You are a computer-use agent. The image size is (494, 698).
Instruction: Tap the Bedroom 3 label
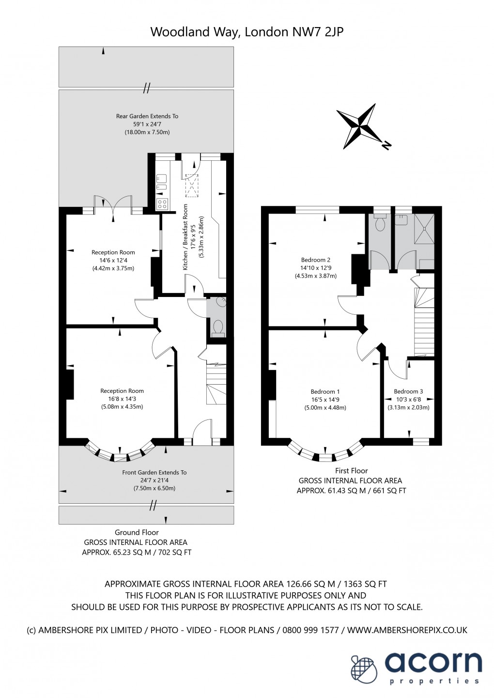[x=408, y=391]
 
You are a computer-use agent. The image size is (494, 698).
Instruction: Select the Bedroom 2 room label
[x=315, y=260]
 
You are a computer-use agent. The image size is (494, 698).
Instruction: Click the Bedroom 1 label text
[x=325, y=392]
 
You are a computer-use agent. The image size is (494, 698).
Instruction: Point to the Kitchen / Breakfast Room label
[x=185, y=237]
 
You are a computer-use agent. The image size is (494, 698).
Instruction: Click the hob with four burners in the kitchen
[x=162, y=204]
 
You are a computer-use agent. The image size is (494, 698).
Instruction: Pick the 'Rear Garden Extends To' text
[x=147, y=116]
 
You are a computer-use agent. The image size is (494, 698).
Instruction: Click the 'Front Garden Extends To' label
[x=154, y=472]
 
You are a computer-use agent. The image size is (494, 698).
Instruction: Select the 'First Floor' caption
[x=351, y=470]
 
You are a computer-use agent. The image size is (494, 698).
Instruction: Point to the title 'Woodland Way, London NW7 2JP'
[x=247, y=32]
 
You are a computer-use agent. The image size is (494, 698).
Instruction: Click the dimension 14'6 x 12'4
[x=113, y=260]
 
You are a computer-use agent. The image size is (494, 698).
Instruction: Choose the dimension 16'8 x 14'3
[x=122, y=399]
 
